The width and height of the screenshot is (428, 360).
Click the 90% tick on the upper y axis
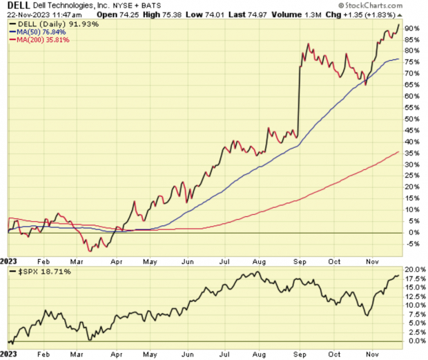tap(413, 28)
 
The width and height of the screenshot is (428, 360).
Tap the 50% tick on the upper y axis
tap(413, 119)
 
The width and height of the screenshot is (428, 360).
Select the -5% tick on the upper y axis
tap(413, 243)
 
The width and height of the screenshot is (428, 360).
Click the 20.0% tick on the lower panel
tap(413, 269)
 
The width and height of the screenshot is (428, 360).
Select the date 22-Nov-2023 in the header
tap(27, 15)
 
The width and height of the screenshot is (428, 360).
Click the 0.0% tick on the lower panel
tap(413, 341)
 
